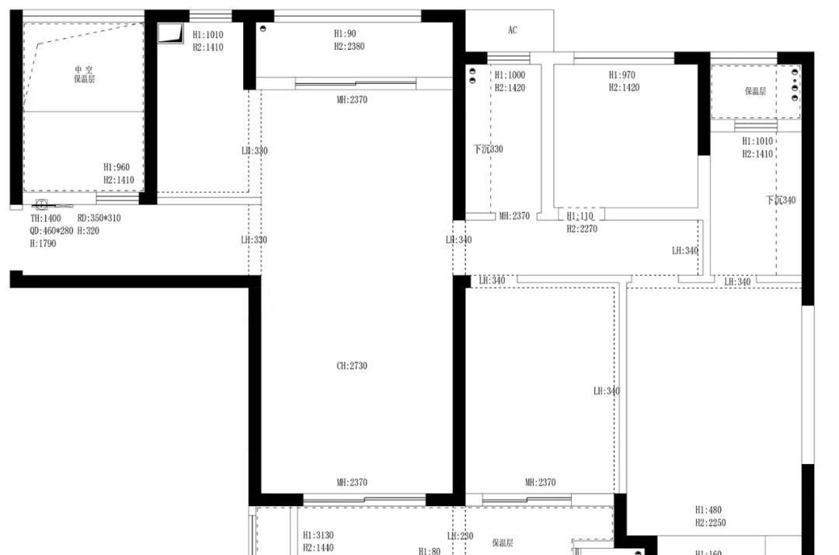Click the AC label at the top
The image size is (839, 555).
pyautogui.click(x=512, y=30)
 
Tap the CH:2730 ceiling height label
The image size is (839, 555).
pyautogui.click(x=352, y=366)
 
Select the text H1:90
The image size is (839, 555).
pyautogui.click(x=345, y=33)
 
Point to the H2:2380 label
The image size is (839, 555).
pyautogui.click(x=349, y=47)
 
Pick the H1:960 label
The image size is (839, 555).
pyautogui.click(x=117, y=167)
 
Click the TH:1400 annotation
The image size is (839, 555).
pyautogui.click(x=45, y=218)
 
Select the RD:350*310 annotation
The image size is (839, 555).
pyautogui.click(x=99, y=218)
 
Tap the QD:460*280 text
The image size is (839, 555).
pyautogui.click(x=51, y=231)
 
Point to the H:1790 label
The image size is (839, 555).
pyautogui.click(x=43, y=243)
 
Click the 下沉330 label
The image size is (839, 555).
pyautogui.click(x=489, y=149)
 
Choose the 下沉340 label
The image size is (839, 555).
pyautogui.click(x=780, y=201)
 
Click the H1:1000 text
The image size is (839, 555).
pyautogui.click(x=510, y=75)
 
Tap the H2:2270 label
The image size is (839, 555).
pyautogui.click(x=582, y=229)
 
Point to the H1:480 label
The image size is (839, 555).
pyautogui.click(x=708, y=511)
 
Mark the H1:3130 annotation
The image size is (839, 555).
pyautogui.click(x=318, y=536)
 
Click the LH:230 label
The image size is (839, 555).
pyautogui.click(x=459, y=536)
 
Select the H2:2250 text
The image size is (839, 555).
pyautogui.click(x=710, y=523)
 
